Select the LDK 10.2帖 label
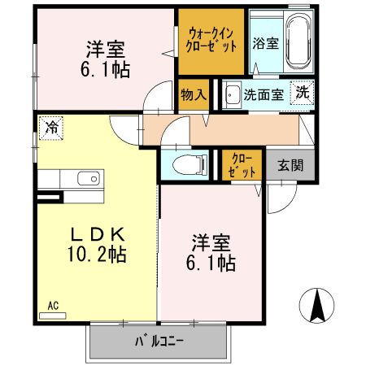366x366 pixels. coord(96,243)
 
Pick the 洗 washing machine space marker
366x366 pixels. coord(302,93)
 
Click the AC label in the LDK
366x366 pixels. coord(52,306)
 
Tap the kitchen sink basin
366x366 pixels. coord(86,179)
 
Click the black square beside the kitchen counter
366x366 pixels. coord(49,197)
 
